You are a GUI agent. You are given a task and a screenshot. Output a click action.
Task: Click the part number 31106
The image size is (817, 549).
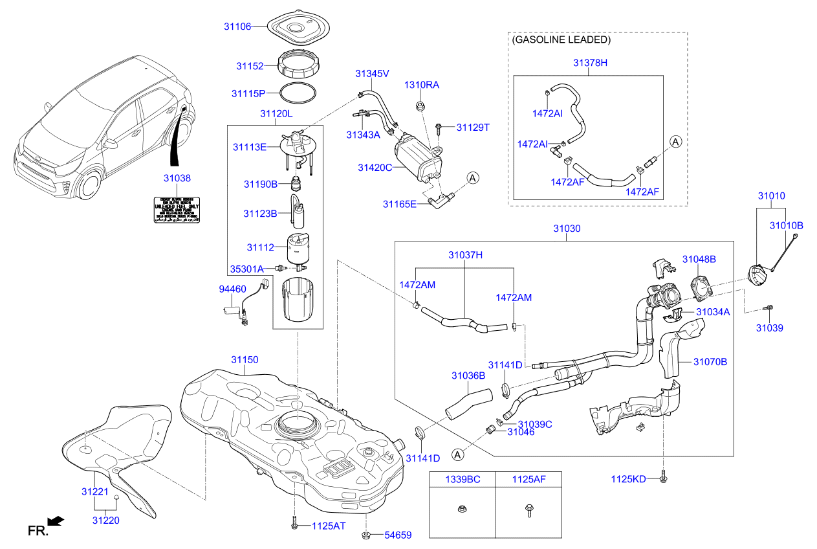237,26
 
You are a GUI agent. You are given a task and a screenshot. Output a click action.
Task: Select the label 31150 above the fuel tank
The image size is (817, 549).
245,359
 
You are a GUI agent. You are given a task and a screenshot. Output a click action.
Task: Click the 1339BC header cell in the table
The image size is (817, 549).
462,480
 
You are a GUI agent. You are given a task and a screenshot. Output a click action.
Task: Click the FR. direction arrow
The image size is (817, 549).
56,521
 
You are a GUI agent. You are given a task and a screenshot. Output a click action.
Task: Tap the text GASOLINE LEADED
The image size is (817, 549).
561,39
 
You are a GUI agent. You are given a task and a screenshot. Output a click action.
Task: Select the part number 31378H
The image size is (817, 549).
590,63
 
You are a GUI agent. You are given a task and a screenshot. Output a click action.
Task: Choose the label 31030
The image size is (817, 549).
566,229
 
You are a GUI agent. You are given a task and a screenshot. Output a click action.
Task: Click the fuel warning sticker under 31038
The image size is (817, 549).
176,210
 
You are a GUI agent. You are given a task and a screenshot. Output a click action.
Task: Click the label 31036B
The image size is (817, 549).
468,375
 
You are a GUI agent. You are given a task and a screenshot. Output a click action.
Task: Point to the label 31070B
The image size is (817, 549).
710,362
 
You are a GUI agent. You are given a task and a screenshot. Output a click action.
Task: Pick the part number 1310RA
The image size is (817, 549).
422,85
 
